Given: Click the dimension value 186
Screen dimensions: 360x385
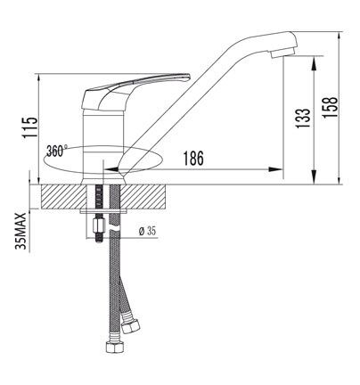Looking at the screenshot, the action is tap(193, 158).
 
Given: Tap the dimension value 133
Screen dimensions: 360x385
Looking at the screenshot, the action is tap(303, 118).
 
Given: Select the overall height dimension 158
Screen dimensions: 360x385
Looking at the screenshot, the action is tap(330, 107).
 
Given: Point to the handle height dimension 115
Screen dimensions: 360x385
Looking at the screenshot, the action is tap(30, 127).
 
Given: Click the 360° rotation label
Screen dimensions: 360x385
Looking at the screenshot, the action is tap(57, 151).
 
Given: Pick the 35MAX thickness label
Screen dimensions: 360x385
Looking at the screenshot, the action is tap(21, 232).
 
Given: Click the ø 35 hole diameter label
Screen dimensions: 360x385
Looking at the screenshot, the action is tap(147, 231).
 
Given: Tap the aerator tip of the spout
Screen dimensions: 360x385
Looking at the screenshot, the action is tap(282, 53).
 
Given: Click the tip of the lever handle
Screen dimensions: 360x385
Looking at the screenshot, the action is tap(186, 78).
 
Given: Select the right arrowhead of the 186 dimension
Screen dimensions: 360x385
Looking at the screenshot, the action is tap(275, 169).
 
